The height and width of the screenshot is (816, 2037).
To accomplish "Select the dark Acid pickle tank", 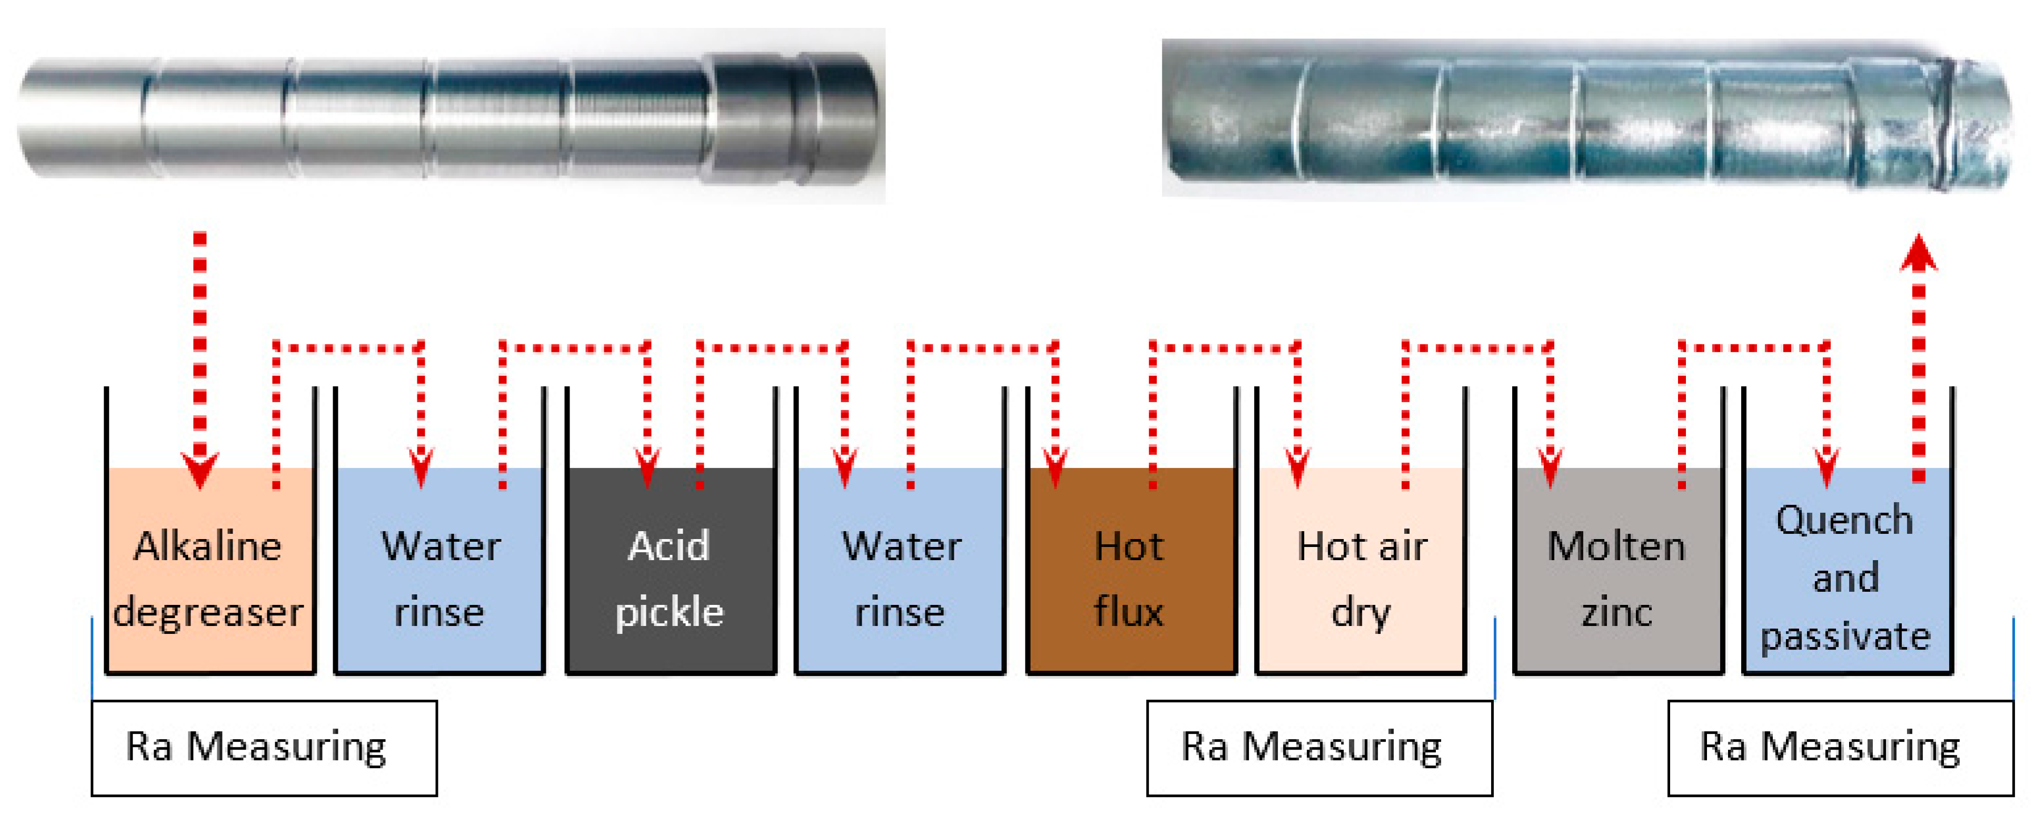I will tap(671, 569).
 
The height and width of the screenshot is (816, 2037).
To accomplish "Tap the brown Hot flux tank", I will tap(1131, 569).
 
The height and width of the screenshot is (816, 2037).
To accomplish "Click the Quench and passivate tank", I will tap(1847, 569).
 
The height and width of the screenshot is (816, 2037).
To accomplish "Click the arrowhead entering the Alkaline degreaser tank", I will tap(200, 471).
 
